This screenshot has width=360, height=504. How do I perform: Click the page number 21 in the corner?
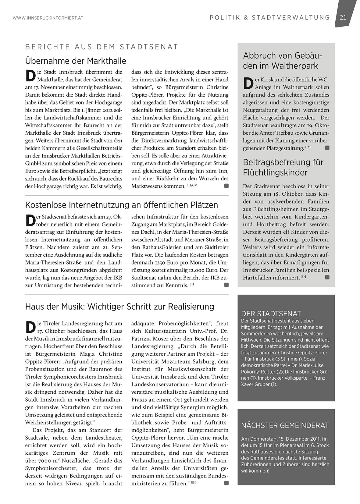click(x=343, y=18)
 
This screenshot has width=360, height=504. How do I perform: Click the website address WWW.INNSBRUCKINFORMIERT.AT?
click(x=48, y=18)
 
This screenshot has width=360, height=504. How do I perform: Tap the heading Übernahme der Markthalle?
click(x=76, y=61)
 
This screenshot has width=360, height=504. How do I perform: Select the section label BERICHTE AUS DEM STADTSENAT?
click(x=102, y=47)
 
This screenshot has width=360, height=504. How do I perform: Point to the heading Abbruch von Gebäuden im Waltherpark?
click(x=283, y=61)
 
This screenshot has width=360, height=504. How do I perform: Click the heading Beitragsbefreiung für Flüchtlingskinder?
click(x=283, y=167)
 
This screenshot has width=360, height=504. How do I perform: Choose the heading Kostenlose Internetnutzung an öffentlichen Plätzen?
click(x=122, y=205)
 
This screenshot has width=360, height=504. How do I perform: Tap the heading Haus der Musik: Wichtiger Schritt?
click(x=119, y=306)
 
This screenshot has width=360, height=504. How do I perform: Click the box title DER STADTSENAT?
click(x=271, y=314)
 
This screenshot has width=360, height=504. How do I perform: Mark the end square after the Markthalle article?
click(x=226, y=186)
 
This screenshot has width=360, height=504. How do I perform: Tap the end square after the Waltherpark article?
click(x=327, y=148)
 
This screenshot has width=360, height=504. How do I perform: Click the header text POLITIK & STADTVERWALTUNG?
click(x=270, y=18)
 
